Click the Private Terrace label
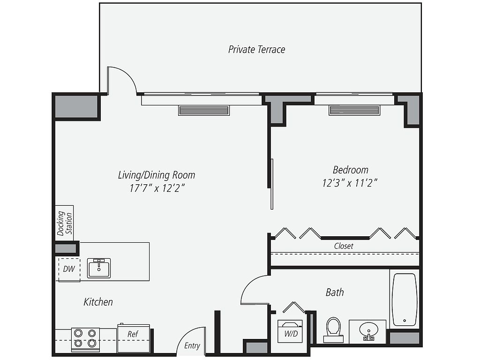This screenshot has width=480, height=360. coord(256,49)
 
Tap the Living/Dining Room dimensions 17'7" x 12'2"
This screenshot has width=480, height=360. coord(157,188)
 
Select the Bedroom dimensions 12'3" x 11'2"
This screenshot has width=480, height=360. coord(350,183)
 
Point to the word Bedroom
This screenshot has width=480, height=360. coord(350,170)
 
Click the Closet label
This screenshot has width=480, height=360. coord(344,246)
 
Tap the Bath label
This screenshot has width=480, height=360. coord(335,292)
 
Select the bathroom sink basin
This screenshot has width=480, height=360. coord(368,330)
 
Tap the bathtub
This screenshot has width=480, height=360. coord(404,300)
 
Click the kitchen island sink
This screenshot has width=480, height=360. coord(99,268)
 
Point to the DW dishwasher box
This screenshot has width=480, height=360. coord(68,269)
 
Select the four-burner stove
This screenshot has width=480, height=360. coord(85,339)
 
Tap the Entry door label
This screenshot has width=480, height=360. coord(192,346)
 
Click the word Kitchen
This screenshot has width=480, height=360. coord(98,301)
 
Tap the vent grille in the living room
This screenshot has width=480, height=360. coord(204,111)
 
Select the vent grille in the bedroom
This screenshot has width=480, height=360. coord(354,111)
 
